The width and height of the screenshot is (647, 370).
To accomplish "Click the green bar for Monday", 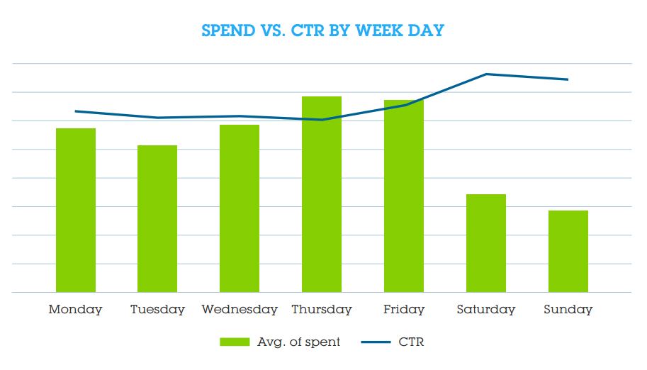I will (75, 210).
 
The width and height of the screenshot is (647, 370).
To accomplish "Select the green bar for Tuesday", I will (157, 218).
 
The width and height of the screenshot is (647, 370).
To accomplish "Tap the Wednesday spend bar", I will (240, 208).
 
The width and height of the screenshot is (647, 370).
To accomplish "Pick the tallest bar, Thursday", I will (322, 194).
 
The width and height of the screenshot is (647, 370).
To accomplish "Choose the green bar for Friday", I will (404, 196).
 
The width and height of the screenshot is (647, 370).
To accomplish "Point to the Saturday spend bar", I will (486, 243).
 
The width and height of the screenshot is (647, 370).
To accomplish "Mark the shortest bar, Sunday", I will (568, 251).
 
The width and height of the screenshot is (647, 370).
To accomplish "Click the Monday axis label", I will (75, 310).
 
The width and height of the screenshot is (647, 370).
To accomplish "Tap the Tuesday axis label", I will (157, 310).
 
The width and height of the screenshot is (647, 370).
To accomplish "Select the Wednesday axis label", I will (240, 310).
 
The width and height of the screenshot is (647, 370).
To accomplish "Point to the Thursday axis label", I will (322, 310).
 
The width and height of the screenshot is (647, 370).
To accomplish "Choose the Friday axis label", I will (404, 310).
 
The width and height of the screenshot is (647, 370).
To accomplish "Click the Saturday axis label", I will (486, 310).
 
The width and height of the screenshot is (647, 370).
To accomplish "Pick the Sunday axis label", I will (568, 310).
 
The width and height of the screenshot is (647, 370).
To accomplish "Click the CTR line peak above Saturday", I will (486, 74).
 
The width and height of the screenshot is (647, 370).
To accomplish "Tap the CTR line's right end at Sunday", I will (568, 79).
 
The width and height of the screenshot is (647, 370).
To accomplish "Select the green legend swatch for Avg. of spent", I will (235, 342).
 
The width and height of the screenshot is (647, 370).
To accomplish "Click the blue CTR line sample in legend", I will (376, 342).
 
